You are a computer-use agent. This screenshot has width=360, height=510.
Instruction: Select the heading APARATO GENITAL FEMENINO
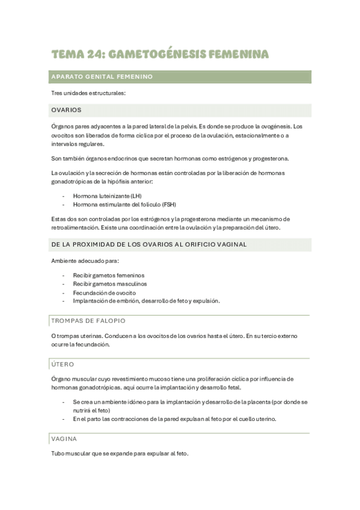click(102, 77)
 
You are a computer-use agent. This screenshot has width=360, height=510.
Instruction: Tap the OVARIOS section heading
click(67, 110)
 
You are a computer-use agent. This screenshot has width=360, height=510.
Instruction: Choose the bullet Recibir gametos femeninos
click(109, 275)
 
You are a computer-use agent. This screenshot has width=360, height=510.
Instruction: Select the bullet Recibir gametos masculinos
click(110, 283)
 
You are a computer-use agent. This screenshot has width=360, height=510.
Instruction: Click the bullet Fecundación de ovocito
click(104, 292)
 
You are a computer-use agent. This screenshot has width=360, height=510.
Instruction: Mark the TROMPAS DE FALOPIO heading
click(88, 321)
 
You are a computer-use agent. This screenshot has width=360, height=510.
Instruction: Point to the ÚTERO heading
click(63, 364)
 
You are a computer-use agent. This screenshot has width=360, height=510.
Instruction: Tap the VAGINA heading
click(65, 439)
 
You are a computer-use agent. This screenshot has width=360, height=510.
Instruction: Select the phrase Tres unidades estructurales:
click(88, 93)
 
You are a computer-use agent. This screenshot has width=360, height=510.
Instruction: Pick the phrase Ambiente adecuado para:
click(85, 260)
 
